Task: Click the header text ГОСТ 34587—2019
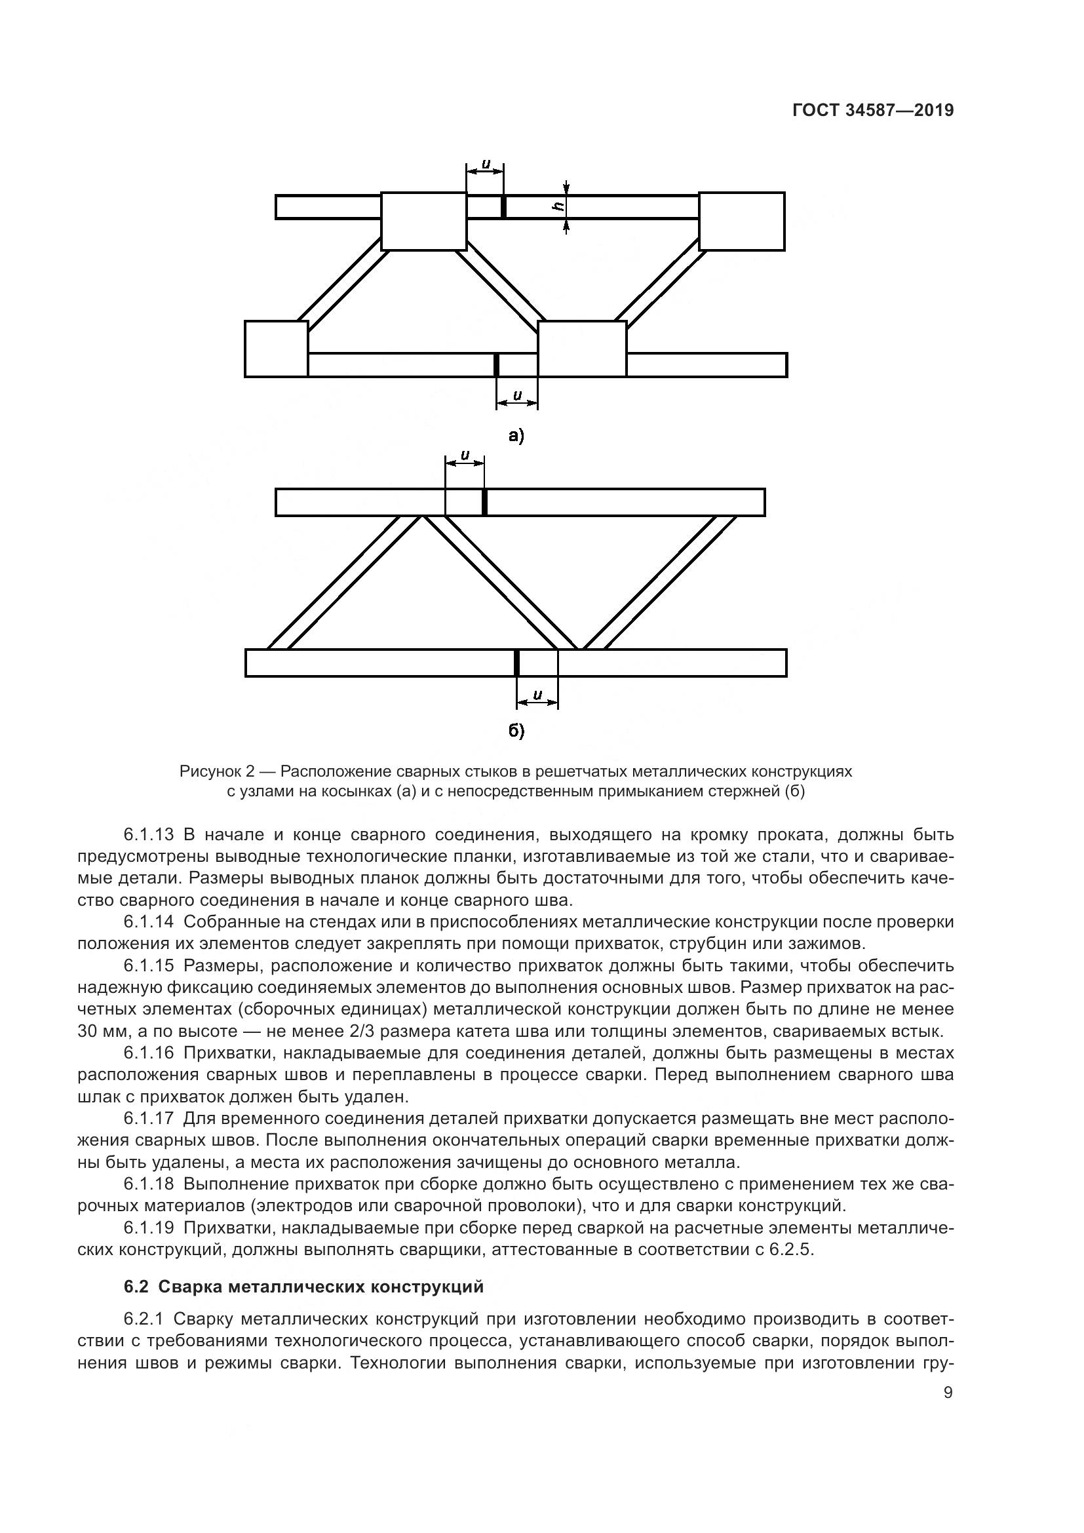pos(872,111)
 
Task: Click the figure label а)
pos(516,437)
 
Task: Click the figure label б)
pos(516,731)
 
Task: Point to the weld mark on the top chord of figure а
pos(503,206)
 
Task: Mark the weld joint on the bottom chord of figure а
pos(496,364)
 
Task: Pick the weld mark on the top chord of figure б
pos(484,502)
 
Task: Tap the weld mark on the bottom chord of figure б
pos(516,663)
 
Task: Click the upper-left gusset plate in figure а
pos(423,221)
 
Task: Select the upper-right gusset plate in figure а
pos(742,221)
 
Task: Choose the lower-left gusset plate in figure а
pos(277,349)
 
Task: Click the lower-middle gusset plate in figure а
pos(582,349)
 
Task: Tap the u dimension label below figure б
pos(537,694)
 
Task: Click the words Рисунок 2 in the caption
pos(217,772)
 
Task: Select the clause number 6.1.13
pos(148,834)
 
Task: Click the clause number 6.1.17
pos(148,1117)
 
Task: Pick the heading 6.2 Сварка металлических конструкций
pos(303,1287)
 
